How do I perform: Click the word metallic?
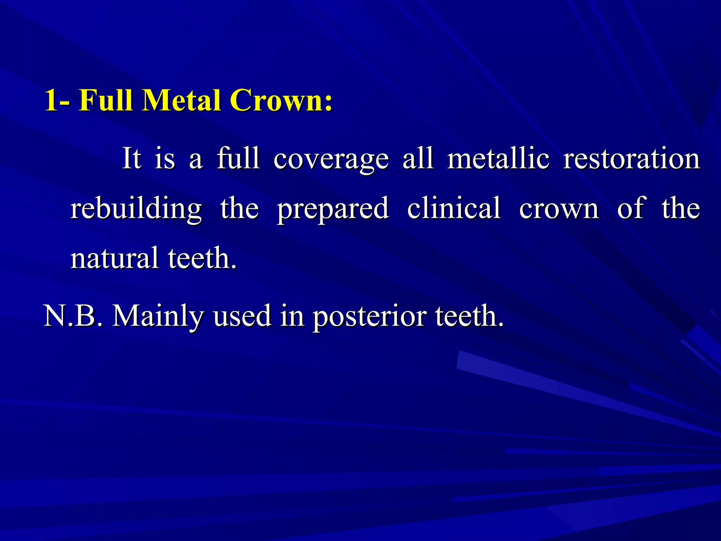498,158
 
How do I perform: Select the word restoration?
632,158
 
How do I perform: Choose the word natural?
114,258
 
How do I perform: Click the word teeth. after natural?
202,258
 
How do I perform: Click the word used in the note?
242,316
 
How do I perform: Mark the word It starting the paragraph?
132,158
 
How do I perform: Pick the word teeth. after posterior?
469,316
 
